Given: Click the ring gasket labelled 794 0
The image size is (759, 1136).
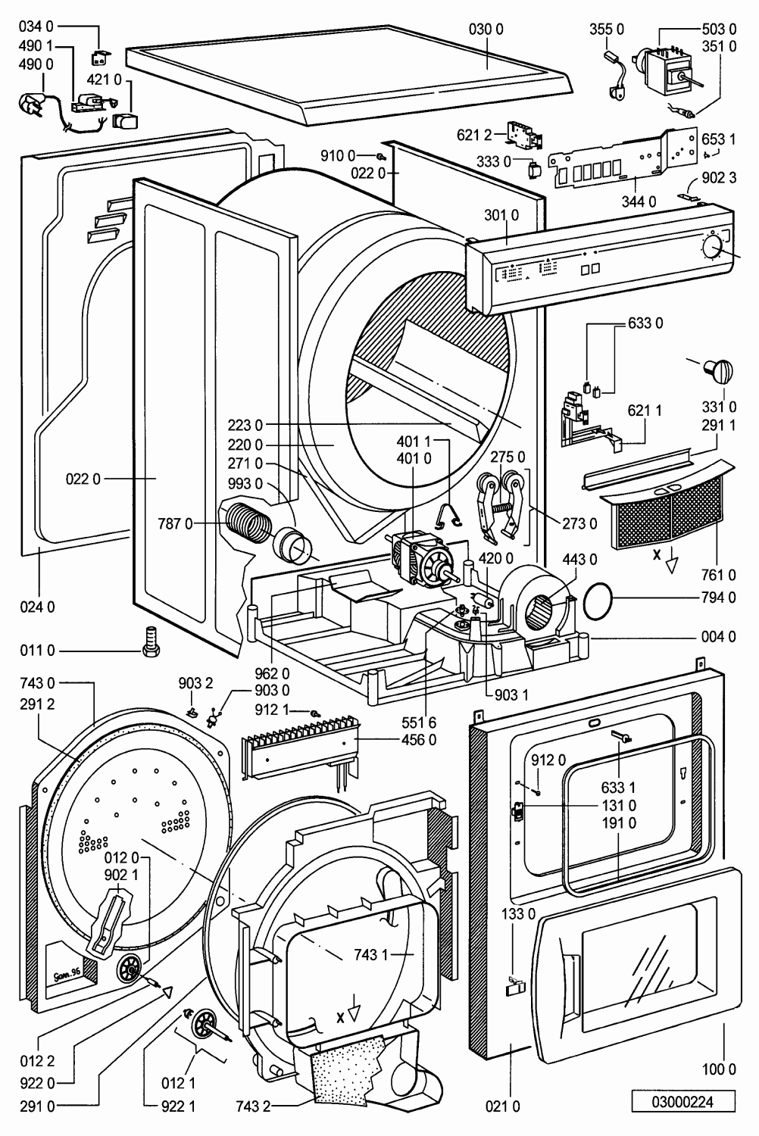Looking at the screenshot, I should tap(598, 598).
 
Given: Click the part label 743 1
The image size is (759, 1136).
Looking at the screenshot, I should tap(370, 956).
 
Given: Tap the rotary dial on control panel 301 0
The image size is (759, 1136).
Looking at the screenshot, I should tap(713, 247).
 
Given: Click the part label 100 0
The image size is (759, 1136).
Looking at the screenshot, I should tap(718, 1069).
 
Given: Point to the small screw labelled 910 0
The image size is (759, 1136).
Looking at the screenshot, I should tap(381, 156).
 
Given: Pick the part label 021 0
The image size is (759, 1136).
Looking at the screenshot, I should tap(502, 1106).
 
